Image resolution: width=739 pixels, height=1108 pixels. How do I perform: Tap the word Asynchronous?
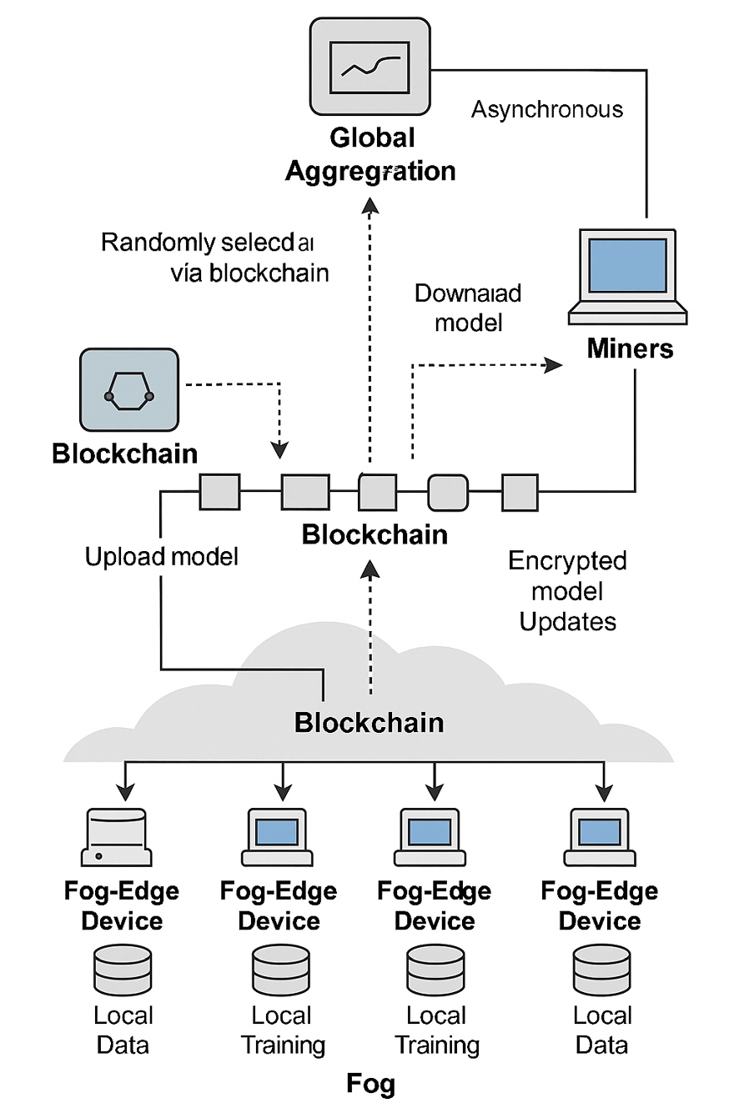(x=546, y=109)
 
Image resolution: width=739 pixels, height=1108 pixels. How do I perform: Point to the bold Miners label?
(x=630, y=348)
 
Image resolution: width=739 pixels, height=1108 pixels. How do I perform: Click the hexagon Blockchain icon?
(x=128, y=390)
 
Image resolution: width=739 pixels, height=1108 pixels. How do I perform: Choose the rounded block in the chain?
(x=449, y=493)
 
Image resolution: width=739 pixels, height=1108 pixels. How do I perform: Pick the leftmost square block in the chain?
(x=219, y=491)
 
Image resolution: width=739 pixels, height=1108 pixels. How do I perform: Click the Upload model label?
(x=161, y=556)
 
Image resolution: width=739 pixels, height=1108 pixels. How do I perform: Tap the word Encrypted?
(x=567, y=560)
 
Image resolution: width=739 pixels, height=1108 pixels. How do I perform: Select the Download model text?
(x=467, y=308)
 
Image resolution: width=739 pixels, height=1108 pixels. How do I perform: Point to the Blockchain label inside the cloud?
(x=369, y=722)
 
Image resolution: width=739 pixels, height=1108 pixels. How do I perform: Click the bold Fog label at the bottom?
(x=370, y=1084)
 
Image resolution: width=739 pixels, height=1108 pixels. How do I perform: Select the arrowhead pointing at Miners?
(x=551, y=363)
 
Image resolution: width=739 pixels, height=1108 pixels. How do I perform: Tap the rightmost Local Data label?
(x=602, y=1030)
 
